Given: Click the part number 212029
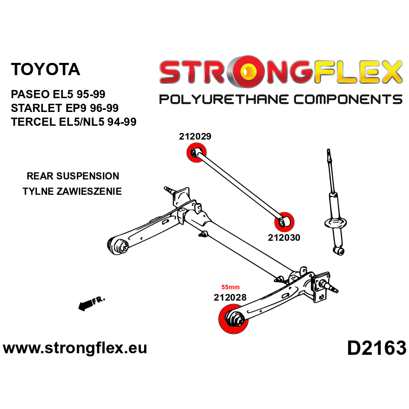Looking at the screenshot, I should point(195,137).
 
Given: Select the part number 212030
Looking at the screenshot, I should point(284,237).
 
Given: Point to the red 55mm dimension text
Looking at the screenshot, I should point(230,287).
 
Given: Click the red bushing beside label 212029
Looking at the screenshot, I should point(196,152).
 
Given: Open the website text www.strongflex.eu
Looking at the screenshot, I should point(75,349).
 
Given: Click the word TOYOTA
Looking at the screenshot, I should point(46,70).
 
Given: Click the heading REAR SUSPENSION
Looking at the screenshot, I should point(73,176).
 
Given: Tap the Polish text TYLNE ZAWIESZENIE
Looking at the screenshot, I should point(73,192).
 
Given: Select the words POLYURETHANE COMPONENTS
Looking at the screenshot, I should point(281,99).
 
